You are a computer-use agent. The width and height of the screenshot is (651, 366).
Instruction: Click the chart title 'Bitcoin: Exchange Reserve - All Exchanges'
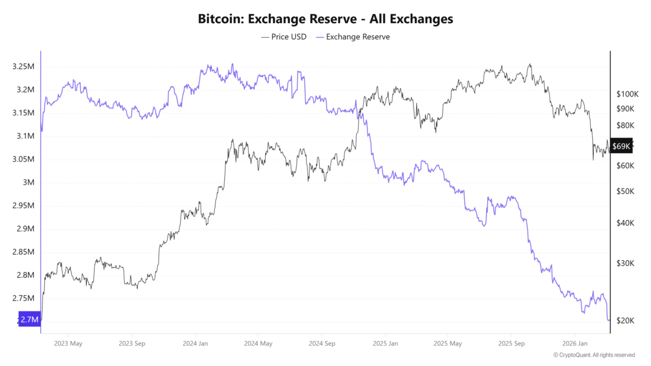coord(325,19)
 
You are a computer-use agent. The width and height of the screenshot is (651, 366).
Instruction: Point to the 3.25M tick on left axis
coord(23,67)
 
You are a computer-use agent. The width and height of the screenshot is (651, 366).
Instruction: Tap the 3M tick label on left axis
coord(28,182)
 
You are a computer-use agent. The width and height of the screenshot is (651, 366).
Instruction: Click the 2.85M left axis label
coord(23,252)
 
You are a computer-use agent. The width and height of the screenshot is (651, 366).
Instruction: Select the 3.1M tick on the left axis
coord(25,136)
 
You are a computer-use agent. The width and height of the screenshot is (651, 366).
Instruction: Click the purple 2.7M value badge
coord(30,319)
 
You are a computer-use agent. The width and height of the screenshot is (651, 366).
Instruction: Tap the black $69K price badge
coord(621,146)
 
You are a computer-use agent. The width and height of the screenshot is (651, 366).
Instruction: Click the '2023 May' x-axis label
coord(68,343)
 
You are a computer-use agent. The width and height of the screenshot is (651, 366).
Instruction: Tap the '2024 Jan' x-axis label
coord(195,343)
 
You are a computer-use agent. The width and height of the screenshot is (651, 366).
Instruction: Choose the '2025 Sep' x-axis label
coord(512,343)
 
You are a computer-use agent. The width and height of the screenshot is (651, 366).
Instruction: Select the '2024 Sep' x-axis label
coord(322,343)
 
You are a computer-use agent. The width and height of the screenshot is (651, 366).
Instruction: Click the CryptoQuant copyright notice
coord(594,355)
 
